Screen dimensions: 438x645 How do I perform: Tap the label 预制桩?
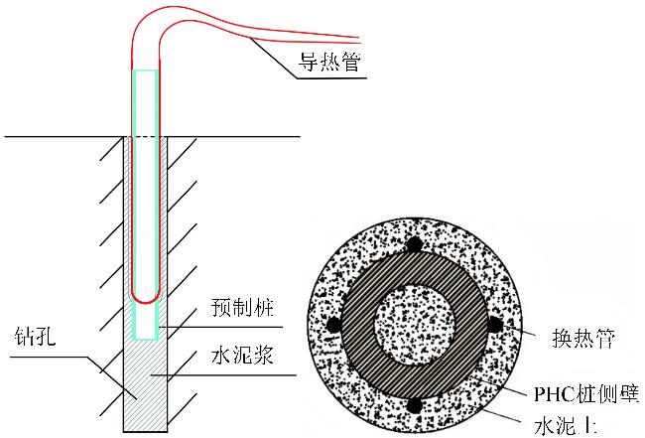click(237, 310)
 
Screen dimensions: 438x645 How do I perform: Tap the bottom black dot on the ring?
click(412, 404)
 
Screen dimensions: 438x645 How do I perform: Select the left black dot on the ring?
click(333, 325)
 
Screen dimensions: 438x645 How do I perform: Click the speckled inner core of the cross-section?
click(412, 324)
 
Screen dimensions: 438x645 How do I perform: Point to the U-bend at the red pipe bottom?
click(146, 297)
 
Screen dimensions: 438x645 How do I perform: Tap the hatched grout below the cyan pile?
click(146, 387)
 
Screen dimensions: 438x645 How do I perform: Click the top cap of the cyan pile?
click(146, 72)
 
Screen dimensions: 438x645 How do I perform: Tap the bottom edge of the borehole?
click(146, 431)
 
